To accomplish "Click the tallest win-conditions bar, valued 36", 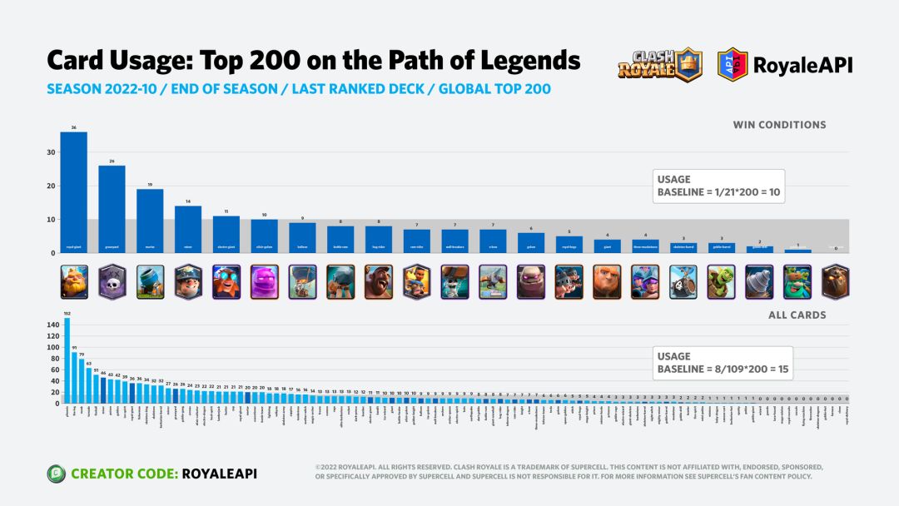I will point(73,191).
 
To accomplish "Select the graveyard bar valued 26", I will point(112,208).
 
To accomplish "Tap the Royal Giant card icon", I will point(73,282).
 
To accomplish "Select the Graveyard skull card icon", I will point(112,282).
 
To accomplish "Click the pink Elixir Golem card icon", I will point(264,282).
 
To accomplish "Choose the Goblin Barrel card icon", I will point(721,282).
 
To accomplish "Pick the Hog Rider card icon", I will point(379,282).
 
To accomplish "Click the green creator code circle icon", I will point(56,474).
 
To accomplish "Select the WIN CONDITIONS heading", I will point(779,125).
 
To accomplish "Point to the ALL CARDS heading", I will point(797,315).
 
